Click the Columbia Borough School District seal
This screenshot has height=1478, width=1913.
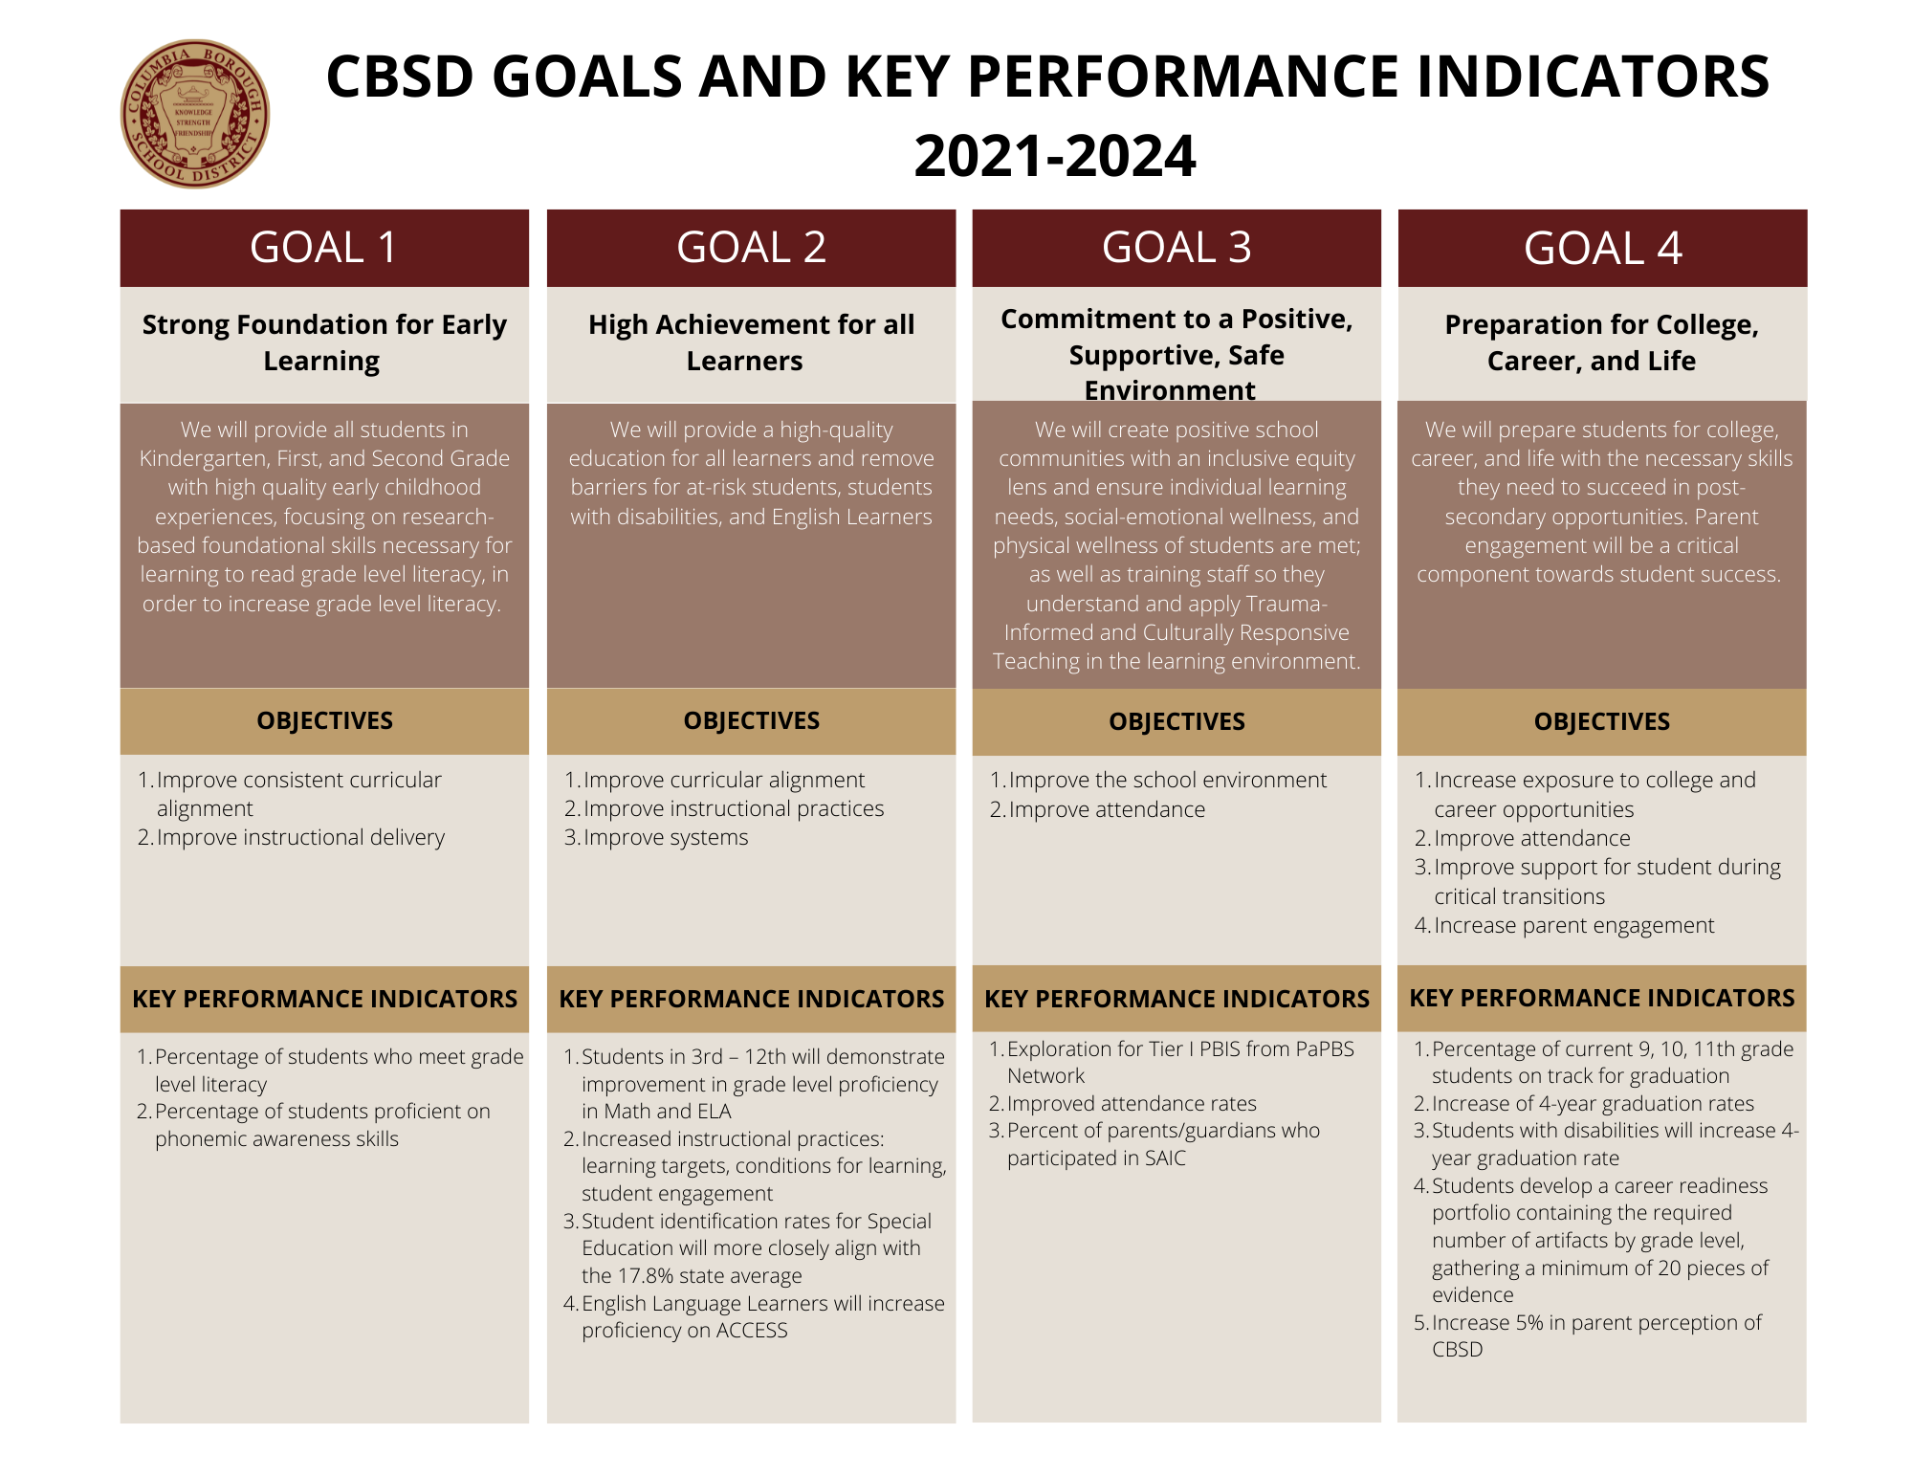pos(195,114)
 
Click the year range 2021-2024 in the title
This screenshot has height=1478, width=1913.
pos(1054,156)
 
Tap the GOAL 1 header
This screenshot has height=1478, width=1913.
pos(324,248)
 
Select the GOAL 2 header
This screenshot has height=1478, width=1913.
pos(751,248)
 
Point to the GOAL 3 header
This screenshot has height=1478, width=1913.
pos(1176,248)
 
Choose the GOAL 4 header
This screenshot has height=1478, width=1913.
pos(1602,248)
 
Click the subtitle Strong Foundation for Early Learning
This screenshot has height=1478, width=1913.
pos(324,342)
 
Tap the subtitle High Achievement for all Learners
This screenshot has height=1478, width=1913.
pos(751,342)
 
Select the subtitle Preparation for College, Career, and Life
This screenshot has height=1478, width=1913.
pos(1601,342)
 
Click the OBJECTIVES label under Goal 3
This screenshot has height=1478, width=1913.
pos(1176,721)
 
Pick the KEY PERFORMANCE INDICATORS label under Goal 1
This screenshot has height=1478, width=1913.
pos(324,999)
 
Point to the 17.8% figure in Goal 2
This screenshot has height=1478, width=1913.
pos(651,1276)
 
